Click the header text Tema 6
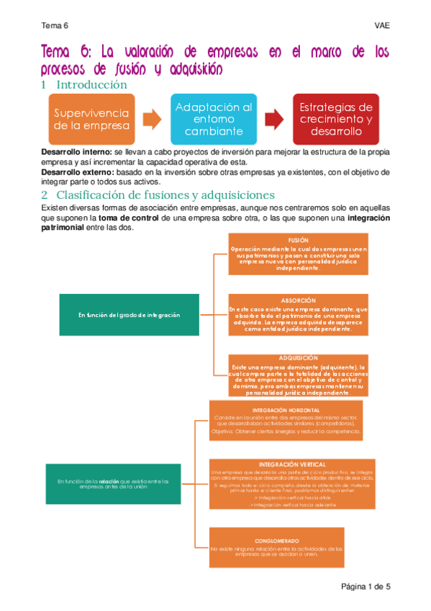(x=55, y=26)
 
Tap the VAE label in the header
(x=382, y=26)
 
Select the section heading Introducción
(x=91, y=85)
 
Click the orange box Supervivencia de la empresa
(x=91, y=119)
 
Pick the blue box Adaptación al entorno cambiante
(x=214, y=119)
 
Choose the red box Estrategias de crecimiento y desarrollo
(x=335, y=119)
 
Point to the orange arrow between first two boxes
(x=152, y=119)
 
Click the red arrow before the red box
(x=274, y=119)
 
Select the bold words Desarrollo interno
(x=76, y=153)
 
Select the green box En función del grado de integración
(x=129, y=315)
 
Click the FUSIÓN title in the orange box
(x=298, y=240)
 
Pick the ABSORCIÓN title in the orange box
(x=298, y=300)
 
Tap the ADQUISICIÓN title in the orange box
(x=298, y=358)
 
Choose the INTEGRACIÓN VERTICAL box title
(x=292, y=465)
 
